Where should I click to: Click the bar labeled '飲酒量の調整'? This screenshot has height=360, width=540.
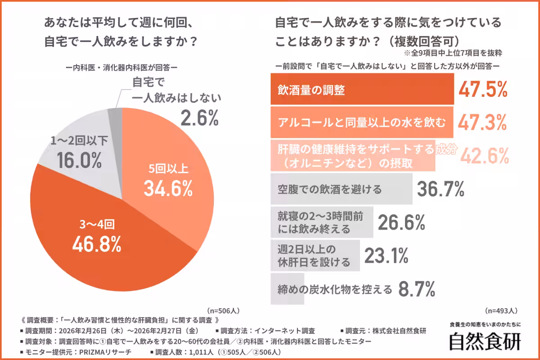point(362,90)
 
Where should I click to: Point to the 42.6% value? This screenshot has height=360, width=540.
point(483,155)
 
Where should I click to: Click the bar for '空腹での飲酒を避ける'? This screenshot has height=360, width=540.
point(341,189)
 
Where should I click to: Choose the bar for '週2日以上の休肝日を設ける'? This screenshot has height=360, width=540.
point(315,255)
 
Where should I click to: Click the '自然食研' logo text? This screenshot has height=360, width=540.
point(485,341)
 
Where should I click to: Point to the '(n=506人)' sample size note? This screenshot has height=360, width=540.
point(224,310)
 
